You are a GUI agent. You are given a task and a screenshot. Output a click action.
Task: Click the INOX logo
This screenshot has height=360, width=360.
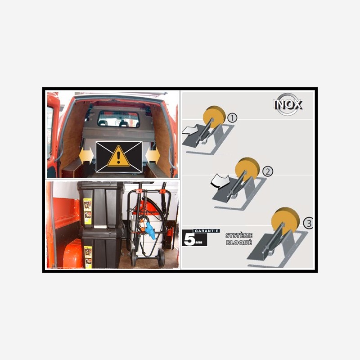(288, 104)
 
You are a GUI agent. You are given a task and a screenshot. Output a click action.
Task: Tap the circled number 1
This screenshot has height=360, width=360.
(232, 118)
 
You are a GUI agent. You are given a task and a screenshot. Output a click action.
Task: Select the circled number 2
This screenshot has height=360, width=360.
(267, 171)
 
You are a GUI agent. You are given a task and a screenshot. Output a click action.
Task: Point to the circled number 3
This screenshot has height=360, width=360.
(308, 223)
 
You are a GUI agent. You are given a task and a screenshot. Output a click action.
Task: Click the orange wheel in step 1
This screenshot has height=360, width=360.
(214, 117)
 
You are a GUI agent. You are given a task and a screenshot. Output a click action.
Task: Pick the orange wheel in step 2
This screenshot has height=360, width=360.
(247, 169)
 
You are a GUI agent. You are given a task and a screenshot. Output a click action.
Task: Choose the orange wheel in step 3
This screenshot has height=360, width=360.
(285, 220)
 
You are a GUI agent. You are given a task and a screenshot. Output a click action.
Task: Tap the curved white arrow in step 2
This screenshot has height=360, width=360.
(220, 181)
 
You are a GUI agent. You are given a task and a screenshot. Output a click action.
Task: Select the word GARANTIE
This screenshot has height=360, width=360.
(206, 231)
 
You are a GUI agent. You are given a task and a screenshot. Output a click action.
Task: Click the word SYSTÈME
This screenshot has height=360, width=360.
(239, 235)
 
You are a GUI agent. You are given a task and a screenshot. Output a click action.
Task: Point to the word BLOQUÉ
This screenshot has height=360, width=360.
(239, 243)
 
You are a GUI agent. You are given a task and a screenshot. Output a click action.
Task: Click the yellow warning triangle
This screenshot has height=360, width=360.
(118, 156)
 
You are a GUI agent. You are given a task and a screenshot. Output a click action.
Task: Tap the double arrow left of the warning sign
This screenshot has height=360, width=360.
(86, 155)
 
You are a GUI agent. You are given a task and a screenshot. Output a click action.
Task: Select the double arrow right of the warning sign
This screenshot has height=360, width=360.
(153, 155)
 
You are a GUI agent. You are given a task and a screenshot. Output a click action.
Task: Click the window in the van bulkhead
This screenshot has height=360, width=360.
(118, 119)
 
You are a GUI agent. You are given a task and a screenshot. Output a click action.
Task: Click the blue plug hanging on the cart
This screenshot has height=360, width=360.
(149, 228)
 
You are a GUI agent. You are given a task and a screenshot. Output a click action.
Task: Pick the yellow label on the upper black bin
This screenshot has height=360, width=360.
(87, 211)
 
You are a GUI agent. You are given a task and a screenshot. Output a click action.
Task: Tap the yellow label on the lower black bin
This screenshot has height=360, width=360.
(88, 257)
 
